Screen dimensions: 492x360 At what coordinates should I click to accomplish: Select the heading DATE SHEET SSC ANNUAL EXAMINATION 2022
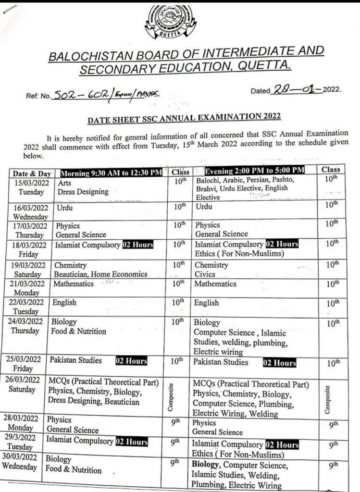tap(184, 117)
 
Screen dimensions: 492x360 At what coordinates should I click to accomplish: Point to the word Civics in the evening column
tap(206, 274)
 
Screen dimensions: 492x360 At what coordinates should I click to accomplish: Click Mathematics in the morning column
tap(73, 284)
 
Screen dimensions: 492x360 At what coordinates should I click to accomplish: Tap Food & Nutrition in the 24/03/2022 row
tap(78, 331)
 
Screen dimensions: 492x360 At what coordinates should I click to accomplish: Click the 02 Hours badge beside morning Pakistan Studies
tap(131, 360)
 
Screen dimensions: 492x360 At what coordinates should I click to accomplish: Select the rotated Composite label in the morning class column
tap(170, 397)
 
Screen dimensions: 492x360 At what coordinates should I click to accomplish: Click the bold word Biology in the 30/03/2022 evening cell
tap(206, 465)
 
